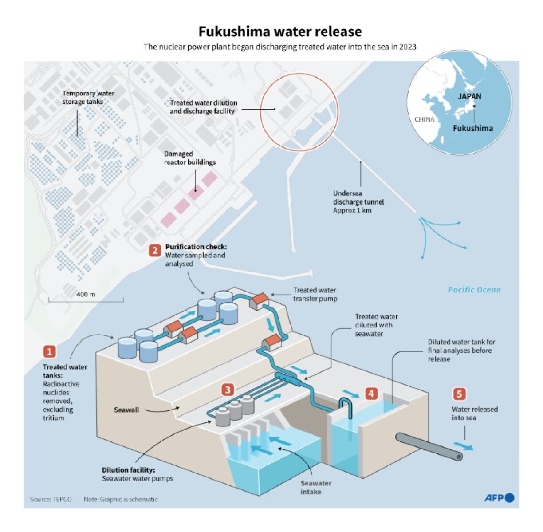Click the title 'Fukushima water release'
click(279, 32)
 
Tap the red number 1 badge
click(49, 351)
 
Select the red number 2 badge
click(155, 251)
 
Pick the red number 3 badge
click(228, 390)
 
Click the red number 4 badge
click(371, 393)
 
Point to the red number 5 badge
click(459, 394)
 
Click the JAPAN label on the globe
click(469, 96)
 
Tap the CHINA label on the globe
click(424, 119)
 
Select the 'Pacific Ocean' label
click(474, 290)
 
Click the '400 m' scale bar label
click(86, 294)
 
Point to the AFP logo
click(499, 498)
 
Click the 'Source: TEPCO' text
click(51, 499)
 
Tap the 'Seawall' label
click(126, 410)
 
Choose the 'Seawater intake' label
click(315, 487)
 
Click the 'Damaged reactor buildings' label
click(189, 158)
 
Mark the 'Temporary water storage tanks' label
click(88, 97)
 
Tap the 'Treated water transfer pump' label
click(315, 294)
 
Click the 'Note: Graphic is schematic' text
click(120, 499)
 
